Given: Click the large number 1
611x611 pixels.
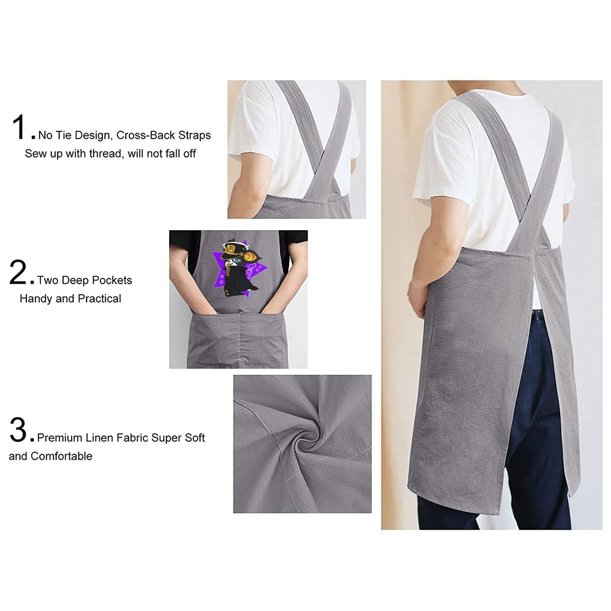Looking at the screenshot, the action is click(x=20, y=127).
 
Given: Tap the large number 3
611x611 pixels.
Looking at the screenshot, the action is click(x=19, y=430).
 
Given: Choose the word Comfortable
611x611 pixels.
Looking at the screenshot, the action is click(x=62, y=456).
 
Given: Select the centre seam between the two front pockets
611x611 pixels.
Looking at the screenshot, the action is click(x=240, y=340).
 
